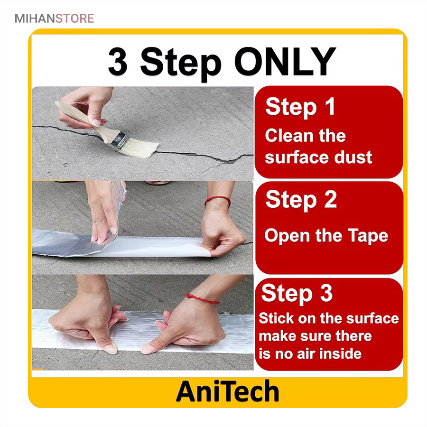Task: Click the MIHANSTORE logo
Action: [55, 19]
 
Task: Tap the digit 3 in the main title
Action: [118, 62]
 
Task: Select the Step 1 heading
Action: [300, 107]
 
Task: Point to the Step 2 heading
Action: [301, 200]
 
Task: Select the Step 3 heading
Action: [297, 294]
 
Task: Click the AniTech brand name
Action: [228, 391]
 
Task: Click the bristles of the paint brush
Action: [143, 148]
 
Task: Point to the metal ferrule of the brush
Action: [121, 140]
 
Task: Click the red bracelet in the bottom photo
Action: [202, 299]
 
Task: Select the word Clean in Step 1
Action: [289, 136]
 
